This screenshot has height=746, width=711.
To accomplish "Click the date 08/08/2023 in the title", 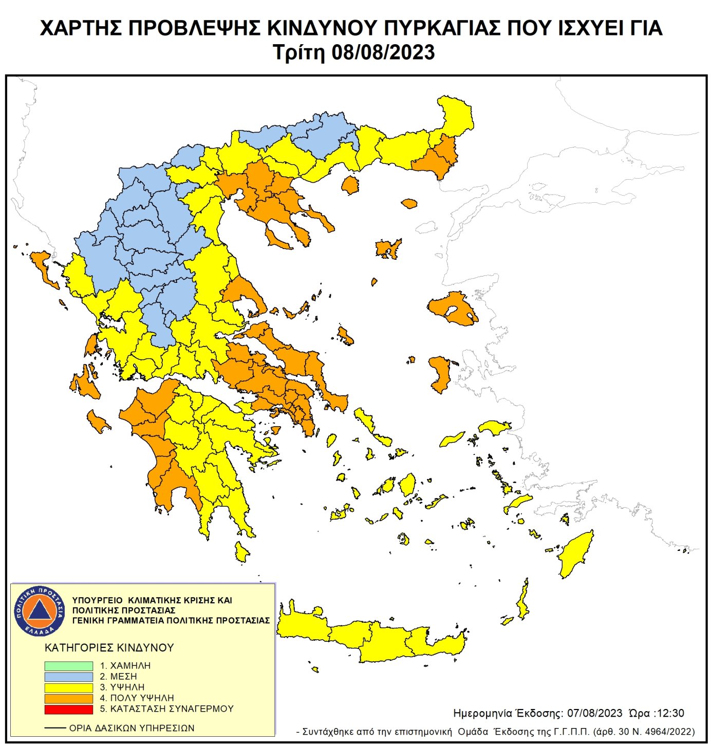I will click(x=383, y=52).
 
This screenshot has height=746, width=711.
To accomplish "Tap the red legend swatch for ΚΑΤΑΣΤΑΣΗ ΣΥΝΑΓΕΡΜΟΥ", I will click(x=68, y=710).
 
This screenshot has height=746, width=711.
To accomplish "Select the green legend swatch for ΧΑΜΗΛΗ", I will click(x=68, y=666).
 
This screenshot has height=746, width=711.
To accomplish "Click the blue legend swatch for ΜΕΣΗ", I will click(x=68, y=677).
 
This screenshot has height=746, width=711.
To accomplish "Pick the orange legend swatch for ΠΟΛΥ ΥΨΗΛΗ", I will click(x=68, y=698).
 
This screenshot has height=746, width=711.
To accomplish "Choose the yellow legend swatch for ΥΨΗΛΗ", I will click(x=68, y=687).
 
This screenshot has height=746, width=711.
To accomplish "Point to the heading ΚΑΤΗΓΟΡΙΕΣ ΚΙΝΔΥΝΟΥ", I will click(x=109, y=647).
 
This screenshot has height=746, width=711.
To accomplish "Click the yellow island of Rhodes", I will click(x=576, y=554).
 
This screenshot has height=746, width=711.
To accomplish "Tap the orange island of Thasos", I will click(x=350, y=185).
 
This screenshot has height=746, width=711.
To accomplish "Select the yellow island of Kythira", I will click(x=241, y=552).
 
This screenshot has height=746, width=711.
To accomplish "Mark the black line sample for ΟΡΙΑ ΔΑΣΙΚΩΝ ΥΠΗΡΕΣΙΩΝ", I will click(x=55, y=728).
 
